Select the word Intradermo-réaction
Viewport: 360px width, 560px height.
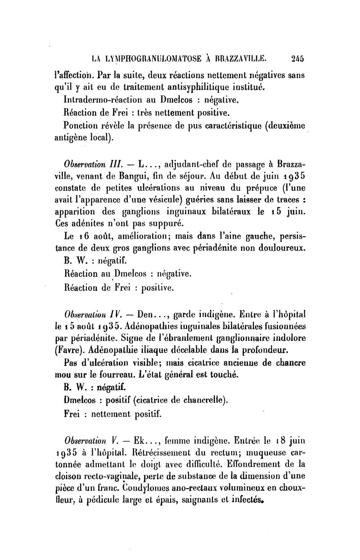pyautogui.click(x=104, y=98)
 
